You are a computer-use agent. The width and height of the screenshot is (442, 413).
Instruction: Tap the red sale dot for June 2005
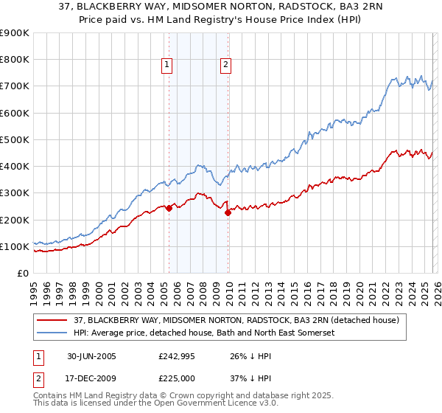(169, 208)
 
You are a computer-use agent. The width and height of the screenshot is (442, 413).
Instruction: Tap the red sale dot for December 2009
(228, 213)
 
